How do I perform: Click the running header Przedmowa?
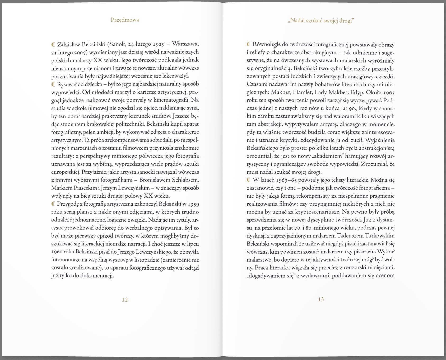pos(125,20)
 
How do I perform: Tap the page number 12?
pos(125,299)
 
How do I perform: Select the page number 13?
pos(321,299)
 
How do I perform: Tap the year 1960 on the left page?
pos(57,252)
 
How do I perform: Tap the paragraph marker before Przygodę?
pos(53,204)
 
